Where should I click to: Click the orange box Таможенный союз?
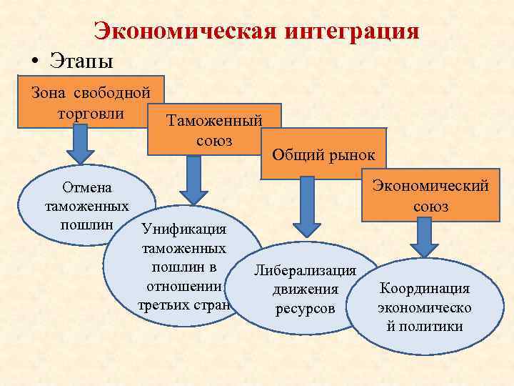pos(214,129)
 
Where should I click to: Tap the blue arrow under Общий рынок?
pos(308,207)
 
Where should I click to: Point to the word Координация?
pos(424,289)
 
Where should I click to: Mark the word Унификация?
pos(184,229)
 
